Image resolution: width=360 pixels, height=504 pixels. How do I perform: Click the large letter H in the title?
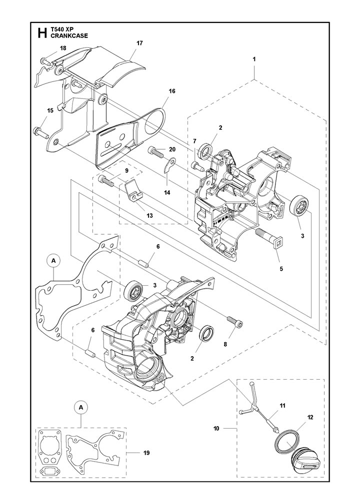pyautogui.click(x=42, y=33)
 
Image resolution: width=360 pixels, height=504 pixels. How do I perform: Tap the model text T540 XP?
pyautogui.click(x=62, y=29)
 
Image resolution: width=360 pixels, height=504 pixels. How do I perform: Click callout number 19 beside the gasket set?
pyautogui.click(x=146, y=453)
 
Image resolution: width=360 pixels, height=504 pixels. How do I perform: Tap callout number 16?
pyautogui.click(x=171, y=91)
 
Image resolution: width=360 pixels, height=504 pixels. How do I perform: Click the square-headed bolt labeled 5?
pyautogui.click(x=267, y=234)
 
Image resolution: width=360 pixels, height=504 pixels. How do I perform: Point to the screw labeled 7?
pyautogui.click(x=197, y=166)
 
